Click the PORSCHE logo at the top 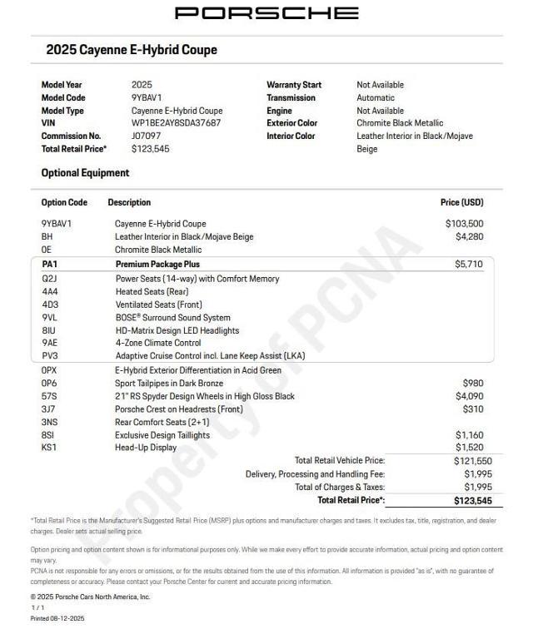tap(266, 13)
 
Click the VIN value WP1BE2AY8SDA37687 tap(176, 123)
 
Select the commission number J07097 tap(147, 136)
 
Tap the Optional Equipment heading tap(85, 173)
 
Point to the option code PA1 tap(50, 264)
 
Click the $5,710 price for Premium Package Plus tap(468, 264)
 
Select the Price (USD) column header tap(461, 202)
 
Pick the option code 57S tap(49, 396)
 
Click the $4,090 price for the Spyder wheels tap(468, 396)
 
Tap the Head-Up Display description tap(146, 448)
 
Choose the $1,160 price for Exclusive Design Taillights tap(468, 435)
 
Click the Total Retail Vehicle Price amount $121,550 tap(472, 461)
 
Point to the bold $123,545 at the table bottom tap(472, 501)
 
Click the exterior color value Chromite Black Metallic tap(400, 123)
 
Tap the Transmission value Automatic tap(376, 97)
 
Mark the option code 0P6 tap(49, 384)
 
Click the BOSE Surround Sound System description tap(172, 318)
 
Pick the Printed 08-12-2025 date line tap(57, 618)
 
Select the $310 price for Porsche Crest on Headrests tap(472, 409)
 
